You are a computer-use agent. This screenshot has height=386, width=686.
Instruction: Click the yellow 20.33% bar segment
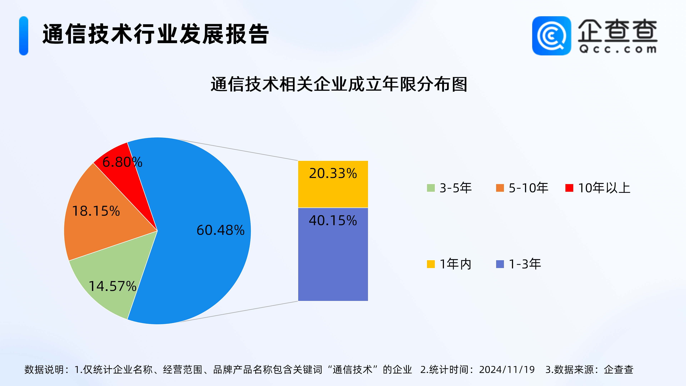click(333, 184)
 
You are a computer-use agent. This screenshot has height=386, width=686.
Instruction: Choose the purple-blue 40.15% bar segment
click(333, 254)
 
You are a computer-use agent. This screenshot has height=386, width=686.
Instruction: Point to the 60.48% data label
click(220, 230)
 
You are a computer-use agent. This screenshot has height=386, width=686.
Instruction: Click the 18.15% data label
click(96, 211)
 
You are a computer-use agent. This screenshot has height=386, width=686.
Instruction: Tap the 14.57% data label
click(112, 286)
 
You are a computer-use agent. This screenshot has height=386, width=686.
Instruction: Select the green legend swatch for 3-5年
click(431, 188)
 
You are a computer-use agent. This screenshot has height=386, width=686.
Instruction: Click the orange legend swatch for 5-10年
click(500, 188)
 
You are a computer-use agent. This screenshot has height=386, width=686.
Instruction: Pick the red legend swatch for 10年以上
click(569, 188)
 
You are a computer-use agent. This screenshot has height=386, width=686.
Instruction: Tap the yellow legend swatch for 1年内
click(431, 264)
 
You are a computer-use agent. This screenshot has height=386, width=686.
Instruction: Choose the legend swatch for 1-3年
click(500, 264)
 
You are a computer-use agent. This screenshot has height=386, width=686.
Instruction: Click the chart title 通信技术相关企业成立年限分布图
click(339, 85)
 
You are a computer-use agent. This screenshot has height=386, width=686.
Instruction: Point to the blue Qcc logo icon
click(551, 36)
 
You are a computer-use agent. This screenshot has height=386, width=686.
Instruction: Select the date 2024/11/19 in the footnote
click(507, 370)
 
